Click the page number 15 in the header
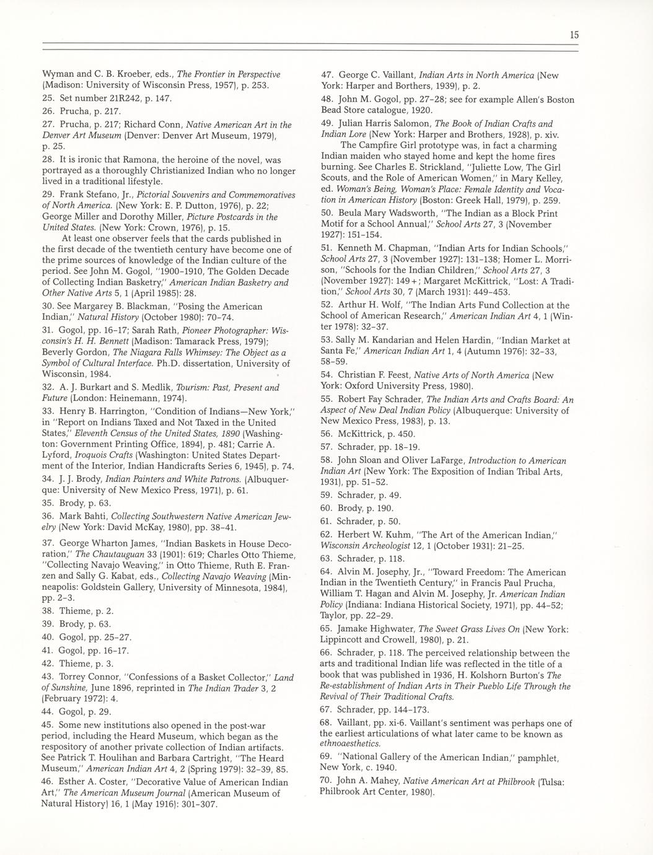click(x=574, y=36)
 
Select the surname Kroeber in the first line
click(x=125, y=74)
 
